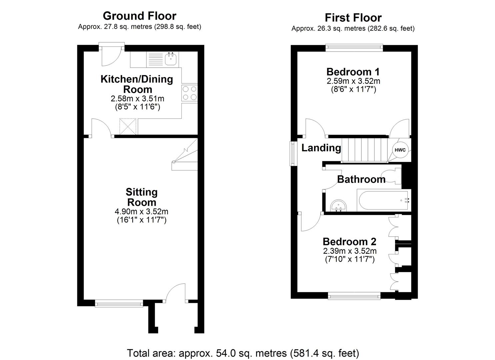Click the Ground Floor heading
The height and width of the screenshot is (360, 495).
click(140, 16)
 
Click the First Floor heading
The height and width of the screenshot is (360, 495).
click(353, 18)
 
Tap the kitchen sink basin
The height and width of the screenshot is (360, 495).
click(171, 59)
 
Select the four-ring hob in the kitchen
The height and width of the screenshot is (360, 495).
click(190, 93)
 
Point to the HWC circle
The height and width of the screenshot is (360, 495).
click(400, 150)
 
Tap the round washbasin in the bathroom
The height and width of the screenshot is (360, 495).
click(338, 206)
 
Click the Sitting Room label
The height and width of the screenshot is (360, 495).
click(142, 197)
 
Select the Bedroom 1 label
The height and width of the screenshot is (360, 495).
click(353, 72)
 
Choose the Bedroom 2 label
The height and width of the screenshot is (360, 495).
click(350, 242)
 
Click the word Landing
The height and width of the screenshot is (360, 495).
click(321, 148)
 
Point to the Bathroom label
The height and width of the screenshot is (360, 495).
click(361, 179)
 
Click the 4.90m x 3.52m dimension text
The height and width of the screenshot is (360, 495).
click(141, 211)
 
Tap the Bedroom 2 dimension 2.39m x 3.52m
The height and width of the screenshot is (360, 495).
click(350, 251)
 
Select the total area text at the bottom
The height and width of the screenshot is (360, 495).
click(243, 353)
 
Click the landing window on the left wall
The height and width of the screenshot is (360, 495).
click(293, 154)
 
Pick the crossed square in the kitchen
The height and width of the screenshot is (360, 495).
click(128, 126)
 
